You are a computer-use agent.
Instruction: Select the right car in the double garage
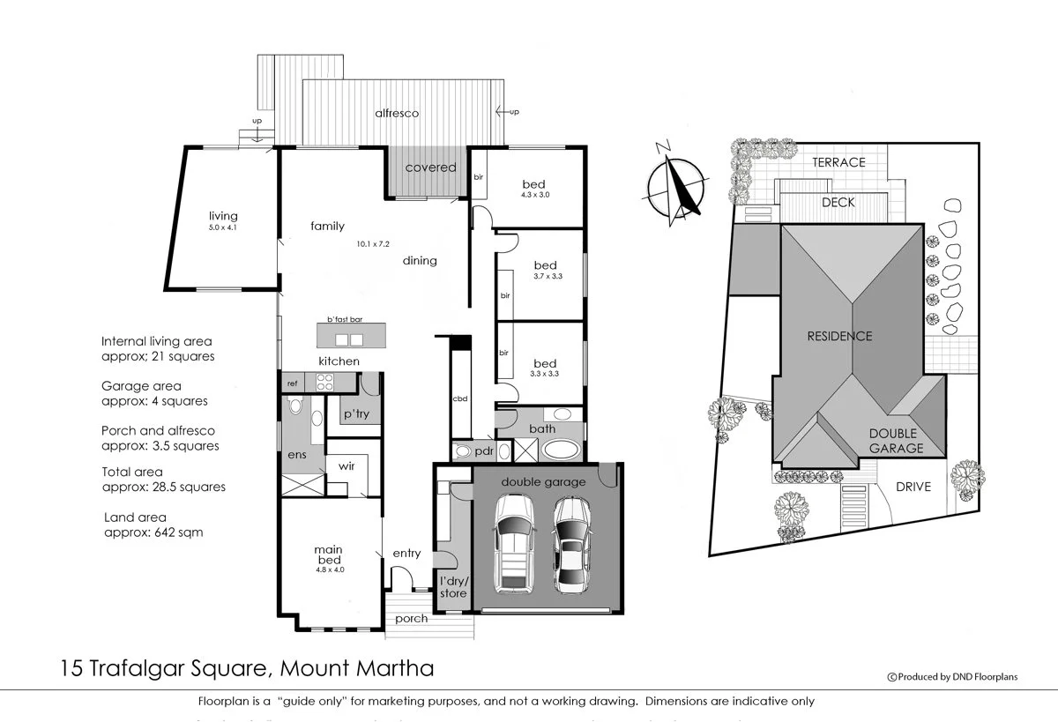[x=570, y=544]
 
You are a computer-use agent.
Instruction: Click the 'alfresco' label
[x=397, y=114]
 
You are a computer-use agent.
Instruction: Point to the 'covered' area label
[x=430, y=167]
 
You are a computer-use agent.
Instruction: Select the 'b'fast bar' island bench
[x=351, y=336]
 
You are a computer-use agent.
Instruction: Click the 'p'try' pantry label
[x=356, y=413]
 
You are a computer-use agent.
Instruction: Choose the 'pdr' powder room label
[x=483, y=451]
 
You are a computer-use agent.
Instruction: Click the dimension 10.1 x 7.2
[x=373, y=243]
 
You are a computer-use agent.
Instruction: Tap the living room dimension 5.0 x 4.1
[x=223, y=227]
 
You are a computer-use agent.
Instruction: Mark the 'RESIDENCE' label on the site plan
[x=840, y=336]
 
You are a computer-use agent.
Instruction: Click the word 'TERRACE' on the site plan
[x=838, y=162]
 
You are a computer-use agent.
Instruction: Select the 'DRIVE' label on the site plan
[x=913, y=487]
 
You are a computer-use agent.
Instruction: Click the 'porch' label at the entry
[x=412, y=618]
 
